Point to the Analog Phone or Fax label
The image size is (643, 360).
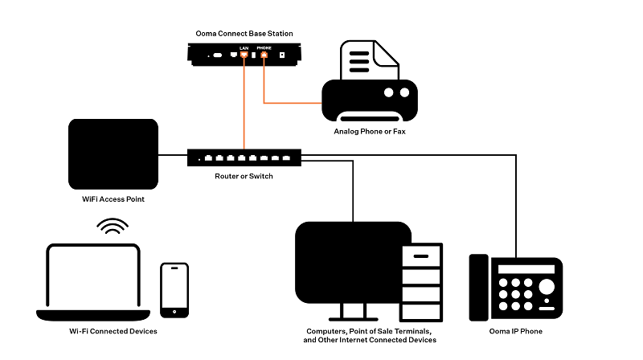coord(370,131)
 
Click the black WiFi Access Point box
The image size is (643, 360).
coord(113,153)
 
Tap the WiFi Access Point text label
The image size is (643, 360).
coord(112,198)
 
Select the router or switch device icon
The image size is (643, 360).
coord(244,157)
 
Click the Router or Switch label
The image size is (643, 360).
coord(244,176)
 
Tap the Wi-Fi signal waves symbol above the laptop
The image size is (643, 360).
coord(113,227)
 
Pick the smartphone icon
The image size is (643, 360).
coord(174,288)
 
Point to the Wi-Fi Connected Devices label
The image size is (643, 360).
coord(113,331)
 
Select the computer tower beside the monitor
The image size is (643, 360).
coord(421,278)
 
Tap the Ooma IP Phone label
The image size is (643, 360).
coord(514,331)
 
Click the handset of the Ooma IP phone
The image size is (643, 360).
coord(479,287)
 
